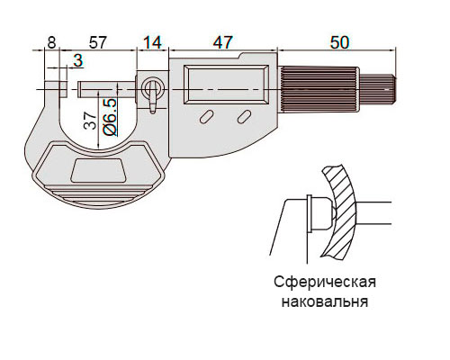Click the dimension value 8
(x=51, y=42)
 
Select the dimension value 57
(x=98, y=42)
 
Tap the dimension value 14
(x=153, y=42)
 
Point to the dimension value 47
(x=222, y=42)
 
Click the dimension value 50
(x=339, y=42)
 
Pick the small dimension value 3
(x=78, y=61)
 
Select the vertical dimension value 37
(x=90, y=121)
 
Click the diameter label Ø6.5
(x=110, y=117)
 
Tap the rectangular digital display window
(x=226, y=85)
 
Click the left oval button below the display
(x=206, y=116)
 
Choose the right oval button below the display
(x=244, y=116)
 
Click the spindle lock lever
(x=153, y=97)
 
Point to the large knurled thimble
(x=319, y=89)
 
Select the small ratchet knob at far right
(x=378, y=89)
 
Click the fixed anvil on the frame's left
(x=56, y=89)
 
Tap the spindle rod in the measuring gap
(x=107, y=89)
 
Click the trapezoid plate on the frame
(x=98, y=170)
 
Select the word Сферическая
(x=325, y=282)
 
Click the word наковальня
(x=325, y=301)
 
